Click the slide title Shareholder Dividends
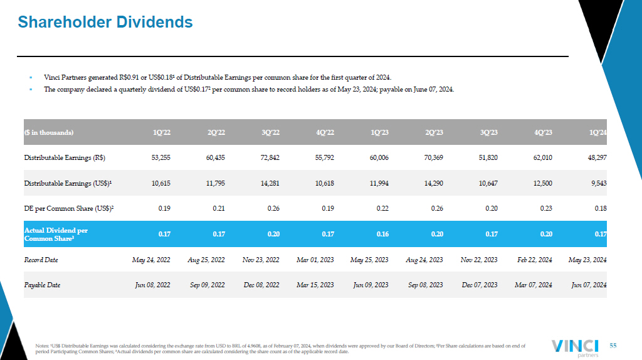pyautogui.click(x=105, y=22)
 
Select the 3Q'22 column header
pyautogui.click(x=270, y=132)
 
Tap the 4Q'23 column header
pyautogui.click(x=543, y=132)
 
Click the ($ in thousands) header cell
pyautogui.click(x=49, y=132)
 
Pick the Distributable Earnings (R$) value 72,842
pyautogui.click(x=270, y=157)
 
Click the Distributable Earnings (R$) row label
pyautogui.click(x=65, y=157)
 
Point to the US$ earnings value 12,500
pyautogui.click(x=542, y=184)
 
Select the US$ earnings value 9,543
pyautogui.click(x=599, y=184)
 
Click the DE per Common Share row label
pyautogui.click(x=69, y=208)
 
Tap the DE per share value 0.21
pyautogui.click(x=219, y=208)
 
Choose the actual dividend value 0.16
pyautogui.click(x=382, y=234)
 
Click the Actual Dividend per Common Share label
pyautogui.click(x=56, y=235)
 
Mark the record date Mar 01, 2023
pyautogui.click(x=315, y=260)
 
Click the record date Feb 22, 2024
pyautogui.click(x=535, y=260)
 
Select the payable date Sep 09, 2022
pyautogui.click(x=207, y=285)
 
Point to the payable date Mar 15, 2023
pyautogui.click(x=315, y=285)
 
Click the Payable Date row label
pyautogui.click(x=42, y=285)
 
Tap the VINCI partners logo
pyautogui.click(x=575, y=348)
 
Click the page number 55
pyautogui.click(x=613, y=346)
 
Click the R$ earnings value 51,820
pyautogui.click(x=488, y=157)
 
